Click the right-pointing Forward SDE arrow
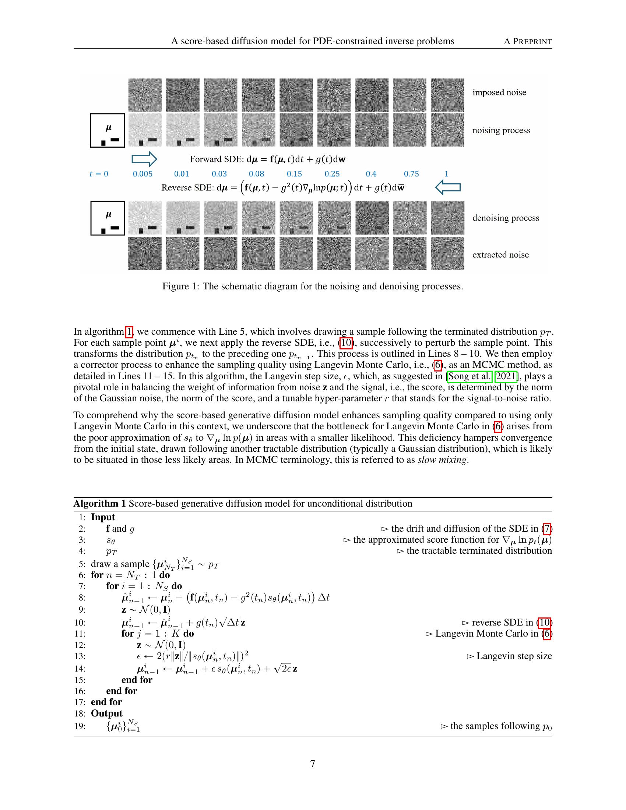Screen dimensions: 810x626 pyautogui.click(x=144, y=159)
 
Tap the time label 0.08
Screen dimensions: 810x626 pyautogui.click(x=256, y=174)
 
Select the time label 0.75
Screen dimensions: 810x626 pyautogui.click(x=411, y=174)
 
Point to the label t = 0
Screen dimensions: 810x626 pyautogui.click(x=99, y=174)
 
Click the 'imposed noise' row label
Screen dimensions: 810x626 pyautogui.click(x=499, y=92)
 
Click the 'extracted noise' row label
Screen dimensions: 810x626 pyautogui.click(x=500, y=255)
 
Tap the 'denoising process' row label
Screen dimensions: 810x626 pyautogui.click(x=506, y=218)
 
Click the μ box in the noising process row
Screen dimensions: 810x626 pyautogui.click(x=108, y=131)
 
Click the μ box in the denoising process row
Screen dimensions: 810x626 pyautogui.click(x=108, y=218)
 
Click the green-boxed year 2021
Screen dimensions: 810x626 pyautogui.click(x=506, y=376)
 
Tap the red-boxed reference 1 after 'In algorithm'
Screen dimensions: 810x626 pyautogui.click(x=129, y=332)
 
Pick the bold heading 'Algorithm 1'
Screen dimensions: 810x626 pyautogui.click(x=99, y=504)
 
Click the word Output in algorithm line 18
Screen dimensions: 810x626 pyautogui.click(x=106, y=713)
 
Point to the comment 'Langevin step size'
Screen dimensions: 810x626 pyautogui.click(x=514, y=656)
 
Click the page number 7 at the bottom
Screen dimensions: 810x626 pyautogui.click(x=313, y=764)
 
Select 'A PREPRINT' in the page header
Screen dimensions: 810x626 pyautogui.click(x=528, y=42)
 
